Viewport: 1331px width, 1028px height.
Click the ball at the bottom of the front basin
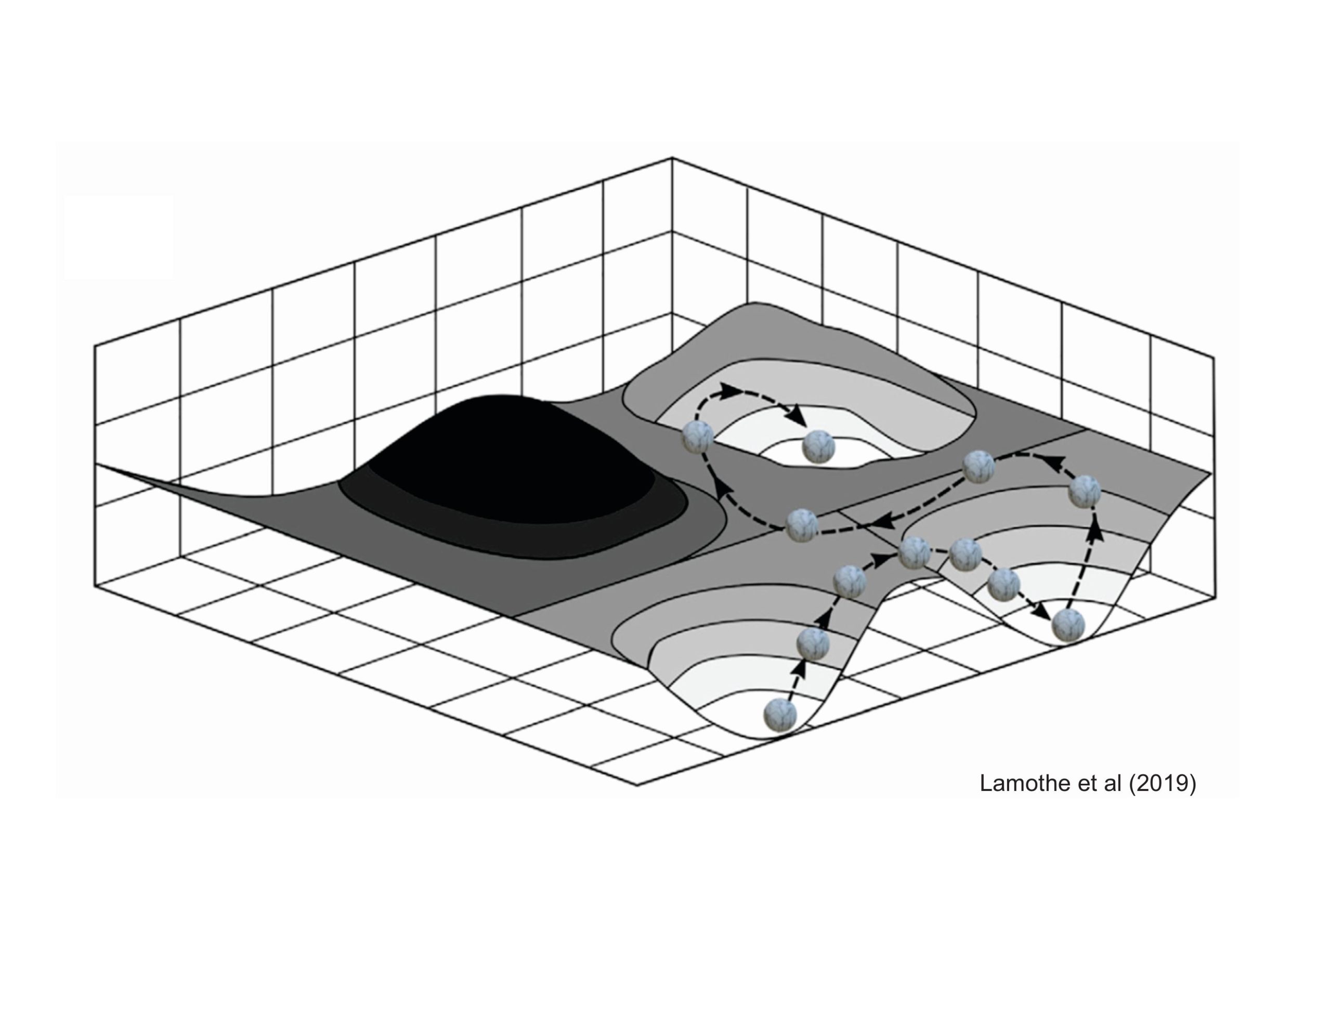coord(780,714)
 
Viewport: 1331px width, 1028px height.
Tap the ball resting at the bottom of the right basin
coord(1069,625)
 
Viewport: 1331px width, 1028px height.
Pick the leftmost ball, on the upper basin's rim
coord(698,437)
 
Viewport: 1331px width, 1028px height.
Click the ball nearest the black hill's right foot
coord(801,526)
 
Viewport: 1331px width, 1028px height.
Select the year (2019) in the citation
coord(1163,784)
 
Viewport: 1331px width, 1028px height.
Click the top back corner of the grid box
coord(672,158)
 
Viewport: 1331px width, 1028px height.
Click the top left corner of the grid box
coord(95,346)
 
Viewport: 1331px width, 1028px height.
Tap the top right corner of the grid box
coord(1213,358)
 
